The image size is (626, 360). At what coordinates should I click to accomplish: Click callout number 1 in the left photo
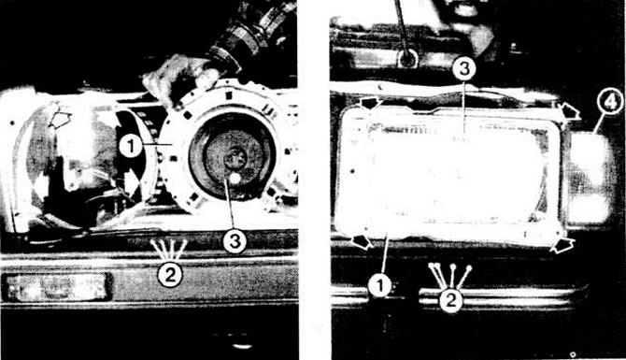131,147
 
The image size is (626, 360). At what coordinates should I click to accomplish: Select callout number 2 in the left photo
170,275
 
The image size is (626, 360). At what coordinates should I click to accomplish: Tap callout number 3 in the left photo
235,241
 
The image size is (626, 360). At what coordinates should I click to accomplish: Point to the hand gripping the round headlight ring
180,78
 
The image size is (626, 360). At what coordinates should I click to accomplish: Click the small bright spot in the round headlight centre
235,179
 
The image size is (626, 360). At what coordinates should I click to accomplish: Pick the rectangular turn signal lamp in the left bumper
56,286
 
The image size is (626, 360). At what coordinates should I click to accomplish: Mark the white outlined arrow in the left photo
60,120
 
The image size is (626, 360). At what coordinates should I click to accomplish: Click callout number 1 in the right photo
380,285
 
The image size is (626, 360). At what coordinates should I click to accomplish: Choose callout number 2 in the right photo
450,299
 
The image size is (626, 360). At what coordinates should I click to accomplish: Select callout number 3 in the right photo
464,68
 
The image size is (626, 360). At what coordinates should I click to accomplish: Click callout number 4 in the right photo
610,103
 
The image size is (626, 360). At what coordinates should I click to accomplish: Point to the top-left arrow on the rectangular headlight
370,104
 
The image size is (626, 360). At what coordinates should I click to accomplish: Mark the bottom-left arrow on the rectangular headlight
363,241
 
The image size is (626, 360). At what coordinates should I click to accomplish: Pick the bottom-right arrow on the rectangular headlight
562,245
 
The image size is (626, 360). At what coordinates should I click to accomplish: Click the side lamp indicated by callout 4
588,179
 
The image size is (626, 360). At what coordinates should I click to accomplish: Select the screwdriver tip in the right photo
407,59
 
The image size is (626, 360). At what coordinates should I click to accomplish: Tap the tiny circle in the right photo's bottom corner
573,354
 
